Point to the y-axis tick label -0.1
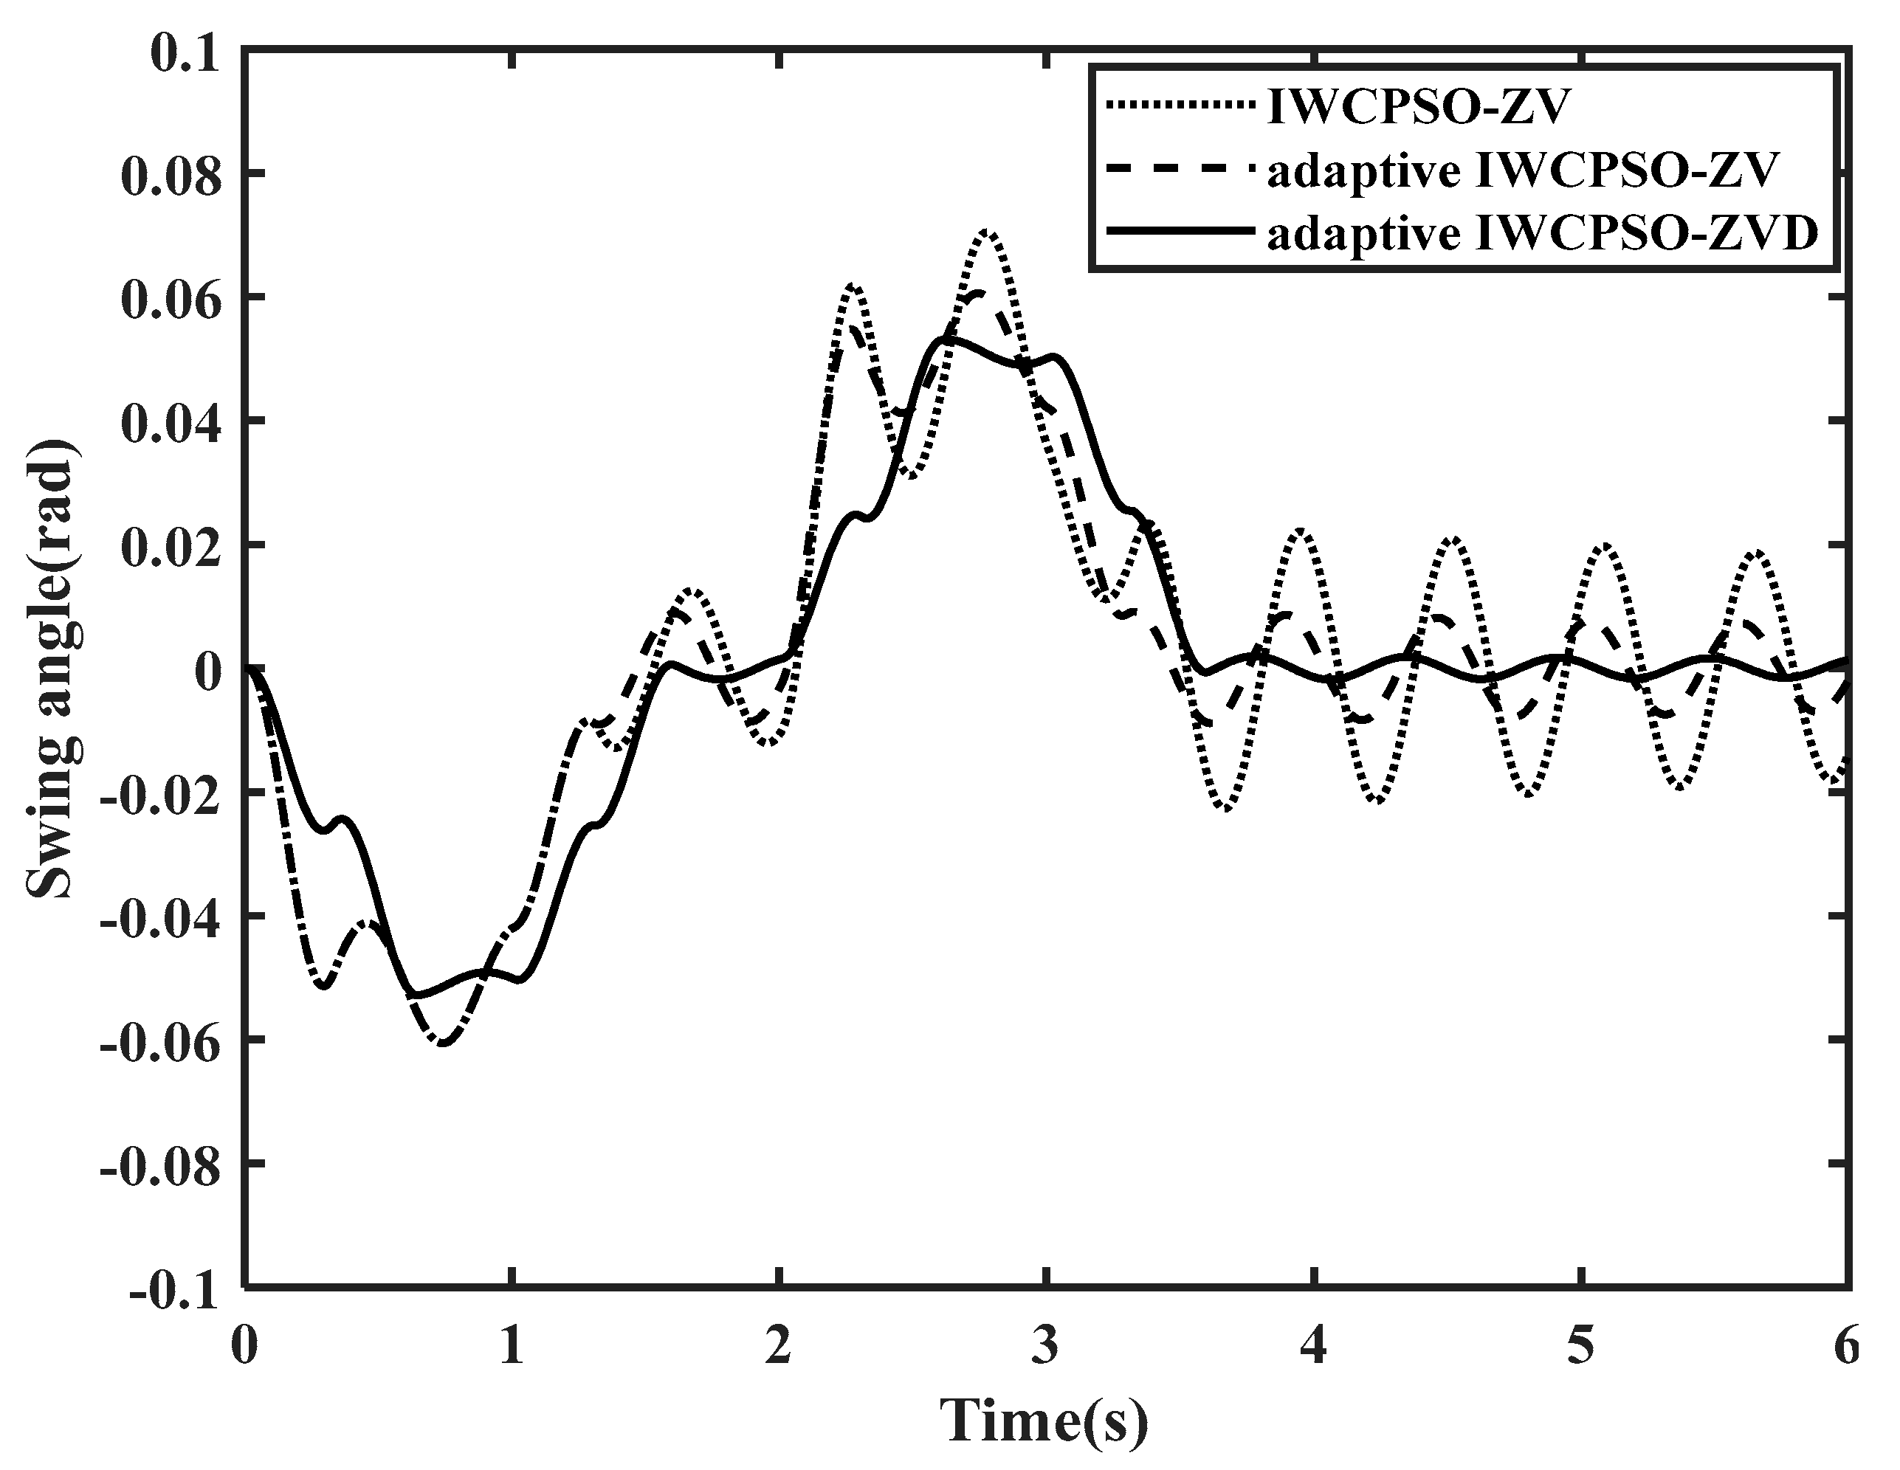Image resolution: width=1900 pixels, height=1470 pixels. click(x=174, y=1289)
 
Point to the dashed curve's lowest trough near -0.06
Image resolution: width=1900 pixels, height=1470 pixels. click(x=444, y=1042)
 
